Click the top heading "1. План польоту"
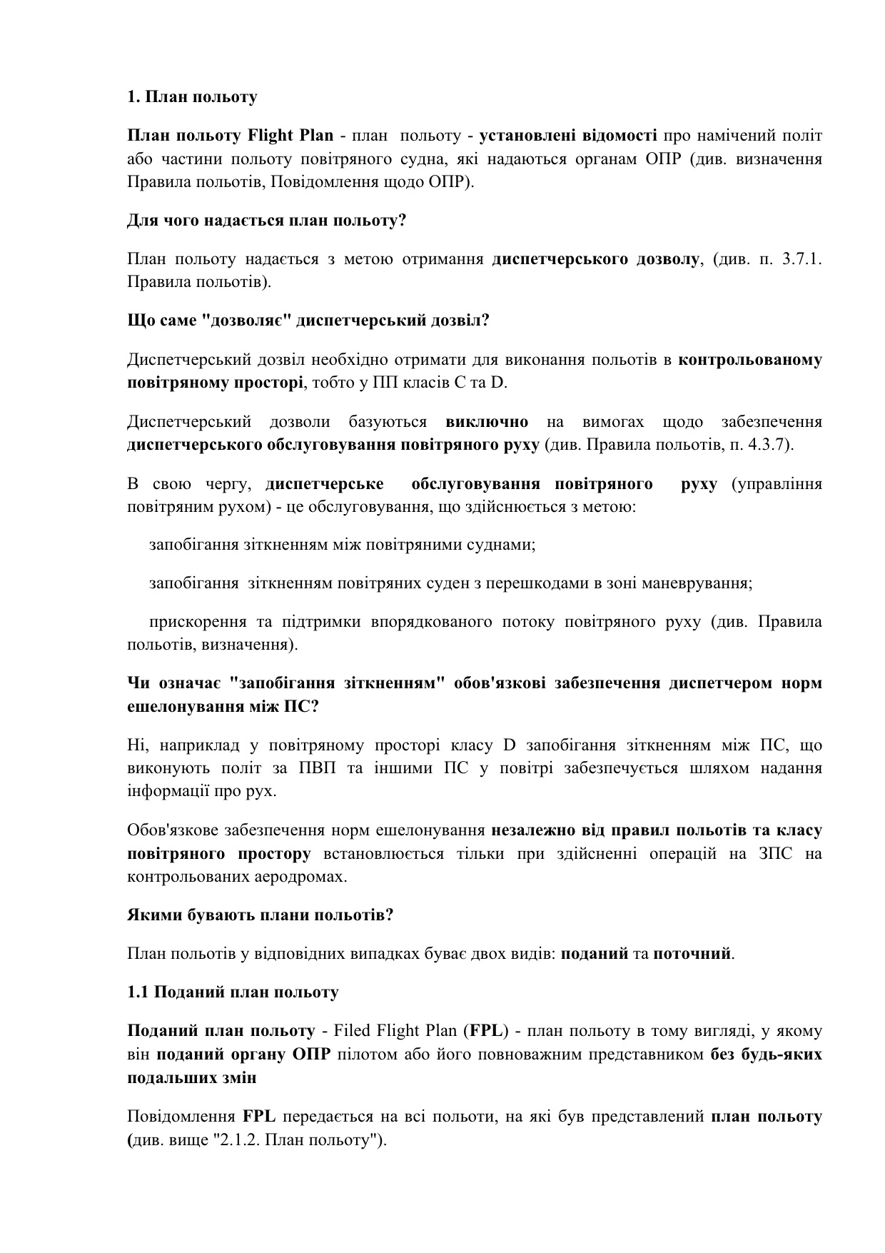click(192, 97)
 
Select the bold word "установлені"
click(524, 136)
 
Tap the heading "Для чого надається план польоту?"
click(266, 221)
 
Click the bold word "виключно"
click(487, 422)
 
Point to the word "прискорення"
click(188, 622)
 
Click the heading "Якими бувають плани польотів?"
click(261, 915)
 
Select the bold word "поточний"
click(692, 954)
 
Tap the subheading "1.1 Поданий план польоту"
click(233, 992)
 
